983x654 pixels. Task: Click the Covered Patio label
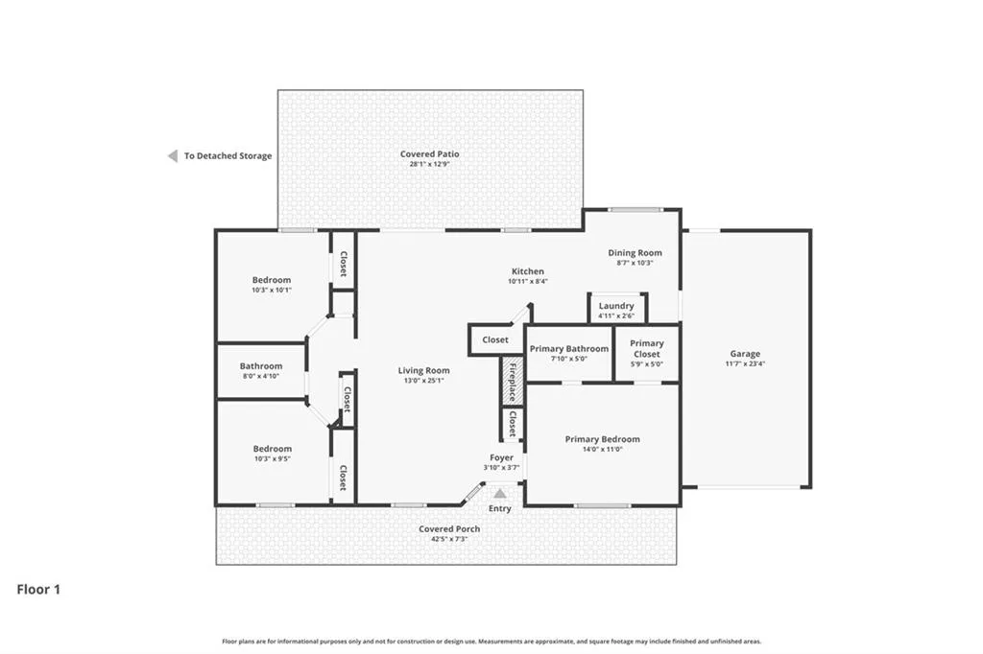[x=429, y=153]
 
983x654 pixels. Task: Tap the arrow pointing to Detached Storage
[x=173, y=156]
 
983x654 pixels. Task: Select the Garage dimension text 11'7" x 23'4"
[x=745, y=363]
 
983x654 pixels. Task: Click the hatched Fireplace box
[x=512, y=382]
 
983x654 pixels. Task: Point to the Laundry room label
[x=616, y=306]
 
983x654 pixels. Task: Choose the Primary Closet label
[x=646, y=348]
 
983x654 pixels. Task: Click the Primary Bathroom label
[x=568, y=348]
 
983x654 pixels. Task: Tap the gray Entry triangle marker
[x=499, y=494]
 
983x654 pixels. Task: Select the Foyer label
[x=501, y=458]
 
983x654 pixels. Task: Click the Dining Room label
[x=635, y=252]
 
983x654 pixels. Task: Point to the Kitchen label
[x=528, y=271]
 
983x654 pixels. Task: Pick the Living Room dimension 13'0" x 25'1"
[x=423, y=381]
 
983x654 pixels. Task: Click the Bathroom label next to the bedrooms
[x=261, y=366]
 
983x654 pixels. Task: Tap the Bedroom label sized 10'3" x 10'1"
[x=272, y=280]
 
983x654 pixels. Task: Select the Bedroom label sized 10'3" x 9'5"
[x=272, y=449]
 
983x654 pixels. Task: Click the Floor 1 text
[x=38, y=590]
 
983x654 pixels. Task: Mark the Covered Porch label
[x=449, y=528]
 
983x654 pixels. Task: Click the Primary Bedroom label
[x=603, y=439]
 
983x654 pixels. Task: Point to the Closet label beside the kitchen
[x=495, y=339]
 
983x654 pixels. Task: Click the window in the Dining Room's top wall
[x=635, y=210]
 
